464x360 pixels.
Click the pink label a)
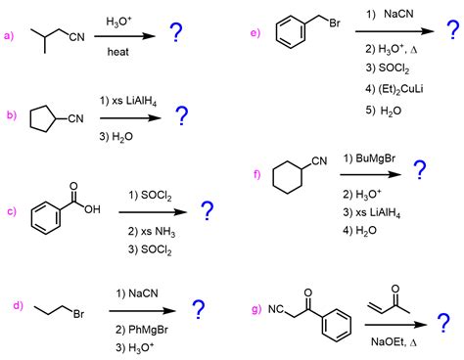(9, 35)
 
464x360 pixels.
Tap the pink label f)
(257, 174)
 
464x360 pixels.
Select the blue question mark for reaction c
(208, 210)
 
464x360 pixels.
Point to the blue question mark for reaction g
(443, 323)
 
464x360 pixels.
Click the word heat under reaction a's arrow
(117, 52)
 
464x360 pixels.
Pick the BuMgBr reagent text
(375, 158)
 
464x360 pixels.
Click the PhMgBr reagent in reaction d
(148, 330)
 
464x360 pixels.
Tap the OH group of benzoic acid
(92, 209)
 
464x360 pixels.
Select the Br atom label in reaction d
(78, 314)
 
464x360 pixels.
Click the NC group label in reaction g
(276, 309)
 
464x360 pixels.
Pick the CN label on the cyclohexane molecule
(319, 160)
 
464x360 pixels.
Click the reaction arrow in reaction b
(130, 118)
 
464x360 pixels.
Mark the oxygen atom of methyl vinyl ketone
(395, 289)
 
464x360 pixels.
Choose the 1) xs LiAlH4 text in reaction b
(128, 101)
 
